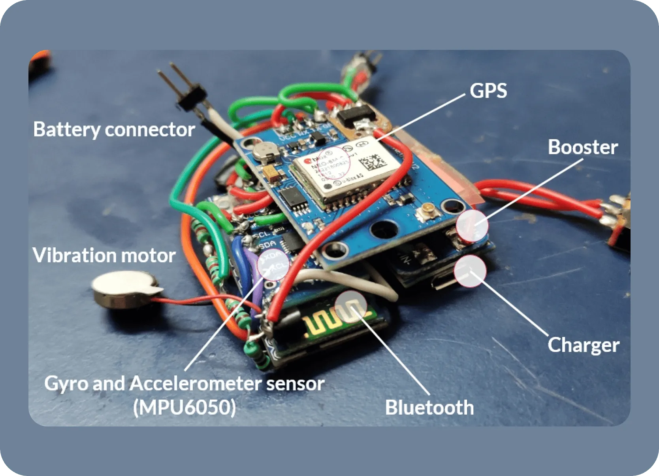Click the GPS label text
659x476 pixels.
pyautogui.click(x=488, y=91)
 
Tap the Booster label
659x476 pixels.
pyautogui.click(x=582, y=148)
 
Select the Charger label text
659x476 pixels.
pyautogui.click(x=583, y=345)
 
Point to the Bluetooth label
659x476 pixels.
pyautogui.click(x=429, y=408)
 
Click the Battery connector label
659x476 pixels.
pyautogui.click(x=114, y=130)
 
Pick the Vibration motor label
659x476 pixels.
pyautogui.click(x=104, y=256)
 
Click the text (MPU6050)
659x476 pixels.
pyautogui.click(x=185, y=407)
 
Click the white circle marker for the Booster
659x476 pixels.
pyautogui.click(x=472, y=226)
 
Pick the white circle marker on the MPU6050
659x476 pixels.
pyautogui.click(x=273, y=264)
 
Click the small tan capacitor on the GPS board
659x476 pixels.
pyautogui.click(x=272, y=173)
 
